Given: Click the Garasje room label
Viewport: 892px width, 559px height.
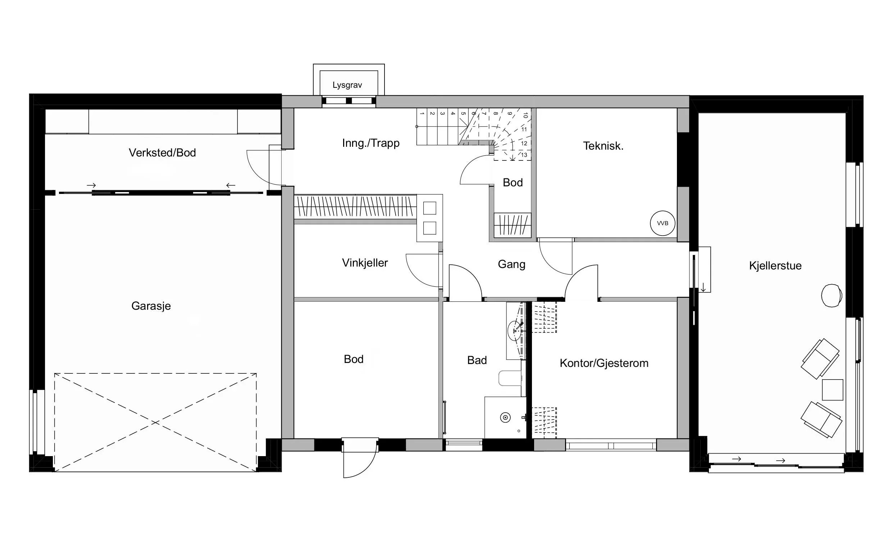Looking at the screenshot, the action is pos(151,306).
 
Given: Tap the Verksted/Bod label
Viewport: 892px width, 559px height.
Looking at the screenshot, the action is pos(162,153).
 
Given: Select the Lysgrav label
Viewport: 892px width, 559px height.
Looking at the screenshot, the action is pos(347,85).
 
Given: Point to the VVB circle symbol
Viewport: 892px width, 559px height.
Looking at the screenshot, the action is pos(663,223).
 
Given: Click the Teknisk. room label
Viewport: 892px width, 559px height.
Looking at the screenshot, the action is pos(603,146).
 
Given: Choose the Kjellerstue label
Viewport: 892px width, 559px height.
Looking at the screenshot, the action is pos(775,266).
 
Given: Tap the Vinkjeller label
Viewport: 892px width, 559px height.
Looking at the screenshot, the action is pos(365,263).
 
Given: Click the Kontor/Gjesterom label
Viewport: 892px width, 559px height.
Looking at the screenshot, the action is pos(604,363).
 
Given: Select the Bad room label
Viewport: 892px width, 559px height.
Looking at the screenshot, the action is pos(477,360).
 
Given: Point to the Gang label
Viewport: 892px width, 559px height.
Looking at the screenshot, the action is pos(511,264).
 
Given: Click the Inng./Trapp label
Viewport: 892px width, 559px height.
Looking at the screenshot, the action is pos(371,143).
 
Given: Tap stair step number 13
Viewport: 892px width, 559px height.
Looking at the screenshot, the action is pos(524,155).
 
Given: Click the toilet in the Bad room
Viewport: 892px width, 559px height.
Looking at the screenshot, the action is pos(510,378).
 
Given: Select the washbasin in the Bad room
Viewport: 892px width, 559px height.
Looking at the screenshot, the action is pos(515,331).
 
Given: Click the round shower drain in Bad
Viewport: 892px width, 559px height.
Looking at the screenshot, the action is pos(505,418).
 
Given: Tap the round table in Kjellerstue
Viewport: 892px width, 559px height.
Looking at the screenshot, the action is pos(832,295).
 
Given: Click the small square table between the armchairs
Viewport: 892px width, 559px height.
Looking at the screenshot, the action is pos(833,390).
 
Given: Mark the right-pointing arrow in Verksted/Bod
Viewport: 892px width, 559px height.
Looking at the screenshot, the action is pos(91,185).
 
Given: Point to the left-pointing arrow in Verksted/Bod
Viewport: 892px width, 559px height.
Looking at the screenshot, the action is pos(231,185).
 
